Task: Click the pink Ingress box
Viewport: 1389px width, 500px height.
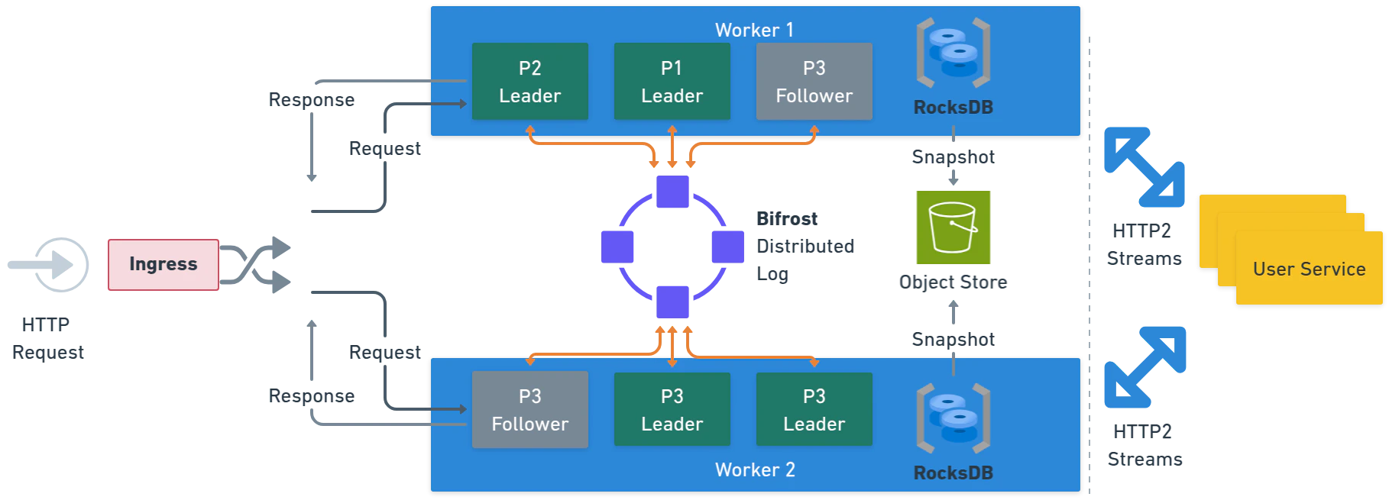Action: (x=162, y=264)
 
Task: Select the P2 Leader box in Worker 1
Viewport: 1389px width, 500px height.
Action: (x=529, y=82)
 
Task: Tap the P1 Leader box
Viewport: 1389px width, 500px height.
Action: (x=672, y=82)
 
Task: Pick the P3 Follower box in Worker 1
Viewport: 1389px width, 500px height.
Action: (x=814, y=82)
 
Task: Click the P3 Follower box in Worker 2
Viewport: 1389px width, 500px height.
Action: (x=529, y=410)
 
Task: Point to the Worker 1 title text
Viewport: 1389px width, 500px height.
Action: (x=754, y=30)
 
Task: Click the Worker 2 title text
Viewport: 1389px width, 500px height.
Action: (x=754, y=469)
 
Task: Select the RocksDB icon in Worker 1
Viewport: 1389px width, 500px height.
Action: (x=953, y=53)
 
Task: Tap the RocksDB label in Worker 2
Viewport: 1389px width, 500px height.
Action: (x=953, y=473)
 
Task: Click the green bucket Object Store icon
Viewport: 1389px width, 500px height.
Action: (x=953, y=228)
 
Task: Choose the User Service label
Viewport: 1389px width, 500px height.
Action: (x=1309, y=269)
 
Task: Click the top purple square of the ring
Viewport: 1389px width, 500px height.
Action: (x=672, y=192)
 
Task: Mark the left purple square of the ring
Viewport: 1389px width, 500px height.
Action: (x=617, y=247)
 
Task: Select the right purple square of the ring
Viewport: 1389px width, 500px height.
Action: (x=727, y=247)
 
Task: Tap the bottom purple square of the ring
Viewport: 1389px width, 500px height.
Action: (x=672, y=302)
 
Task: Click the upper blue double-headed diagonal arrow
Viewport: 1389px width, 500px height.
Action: (x=1143, y=166)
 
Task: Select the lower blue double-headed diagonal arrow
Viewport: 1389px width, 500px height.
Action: (x=1145, y=366)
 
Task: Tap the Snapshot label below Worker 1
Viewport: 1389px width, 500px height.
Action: (x=953, y=157)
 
